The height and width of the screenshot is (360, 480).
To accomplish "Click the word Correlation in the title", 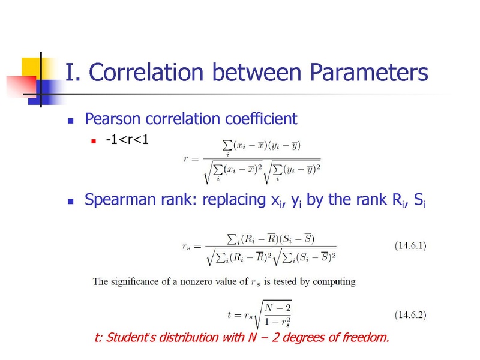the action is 146,72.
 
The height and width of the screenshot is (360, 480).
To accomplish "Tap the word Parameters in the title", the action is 369,72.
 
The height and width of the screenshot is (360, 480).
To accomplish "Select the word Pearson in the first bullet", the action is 113,119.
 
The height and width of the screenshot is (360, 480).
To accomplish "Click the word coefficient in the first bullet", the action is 261,118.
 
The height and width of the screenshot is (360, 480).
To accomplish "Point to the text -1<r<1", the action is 127,140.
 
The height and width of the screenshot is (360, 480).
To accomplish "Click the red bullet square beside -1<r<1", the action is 94,141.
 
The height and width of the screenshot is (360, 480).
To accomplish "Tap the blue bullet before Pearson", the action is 70,121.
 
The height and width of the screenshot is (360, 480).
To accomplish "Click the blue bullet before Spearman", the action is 70,201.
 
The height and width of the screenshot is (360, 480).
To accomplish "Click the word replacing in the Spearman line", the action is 234,200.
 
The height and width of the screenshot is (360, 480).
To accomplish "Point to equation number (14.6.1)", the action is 410,246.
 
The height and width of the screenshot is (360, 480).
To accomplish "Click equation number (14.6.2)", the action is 410,314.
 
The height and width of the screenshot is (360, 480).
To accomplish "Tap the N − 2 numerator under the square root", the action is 278,308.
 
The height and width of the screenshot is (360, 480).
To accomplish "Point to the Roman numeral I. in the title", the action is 73,73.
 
